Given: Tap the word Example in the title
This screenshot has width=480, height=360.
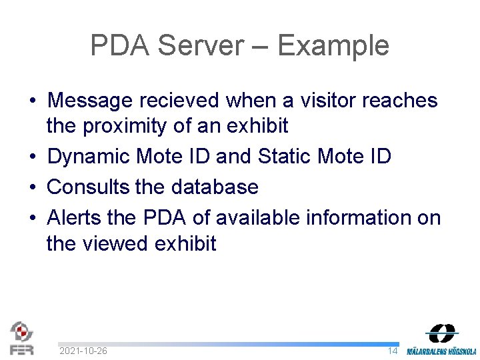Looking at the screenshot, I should click(333, 46).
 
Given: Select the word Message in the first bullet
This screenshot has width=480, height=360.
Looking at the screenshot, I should click(91, 101).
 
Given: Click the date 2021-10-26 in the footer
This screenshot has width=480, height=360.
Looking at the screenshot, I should click(83, 351).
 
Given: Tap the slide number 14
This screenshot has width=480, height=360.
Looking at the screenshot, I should click(393, 351).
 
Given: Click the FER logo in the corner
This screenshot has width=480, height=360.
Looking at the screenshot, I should click(21, 338).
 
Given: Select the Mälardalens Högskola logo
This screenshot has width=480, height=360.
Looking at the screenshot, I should click(441, 339).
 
